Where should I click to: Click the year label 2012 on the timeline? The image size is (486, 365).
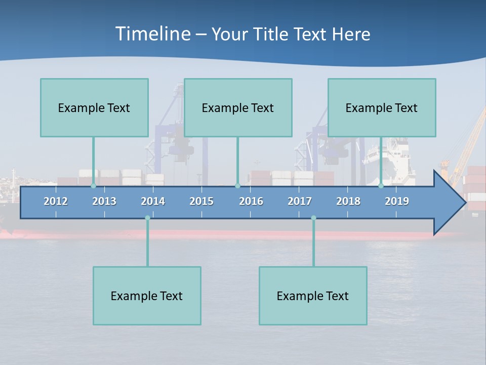pyautogui.click(x=56, y=201)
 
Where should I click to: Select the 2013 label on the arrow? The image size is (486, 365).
pyautogui.click(x=104, y=201)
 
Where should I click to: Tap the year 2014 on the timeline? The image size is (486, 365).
pyautogui.click(x=153, y=201)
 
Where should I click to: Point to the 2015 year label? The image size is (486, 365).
pyautogui.click(x=201, y=201)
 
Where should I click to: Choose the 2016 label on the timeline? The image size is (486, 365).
pyautogui.click(x=251, y=201)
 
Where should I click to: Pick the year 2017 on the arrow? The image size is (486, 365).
pyautogui.click(x=300, y=201)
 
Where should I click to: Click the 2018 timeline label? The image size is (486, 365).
pyautogui.click(x=348, y=201)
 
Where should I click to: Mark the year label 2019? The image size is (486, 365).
pyautogui.click(x=397, y=201)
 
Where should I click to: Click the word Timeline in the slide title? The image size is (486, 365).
pyautogui.click(x=153, y=34)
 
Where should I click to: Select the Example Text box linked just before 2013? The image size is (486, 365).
pyautogui.click(x=94, y=107)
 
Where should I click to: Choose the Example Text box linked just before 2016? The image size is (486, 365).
pyautogui.click(x=238, y=107)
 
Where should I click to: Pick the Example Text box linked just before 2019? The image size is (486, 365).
pyautogui.click(x=382, y=107)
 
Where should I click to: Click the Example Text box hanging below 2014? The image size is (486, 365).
pyautogui.click(x=147, y=296)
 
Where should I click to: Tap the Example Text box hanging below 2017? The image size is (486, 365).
pyautogui.click(x=313, y=296)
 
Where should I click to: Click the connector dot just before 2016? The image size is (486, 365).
pyautogui.click(x=237, y=186)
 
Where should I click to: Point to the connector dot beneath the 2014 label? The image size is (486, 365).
pyautogui.click(x=147, y=218)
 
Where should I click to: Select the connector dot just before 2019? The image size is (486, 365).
pyautogui.click(x=381, y=186)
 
